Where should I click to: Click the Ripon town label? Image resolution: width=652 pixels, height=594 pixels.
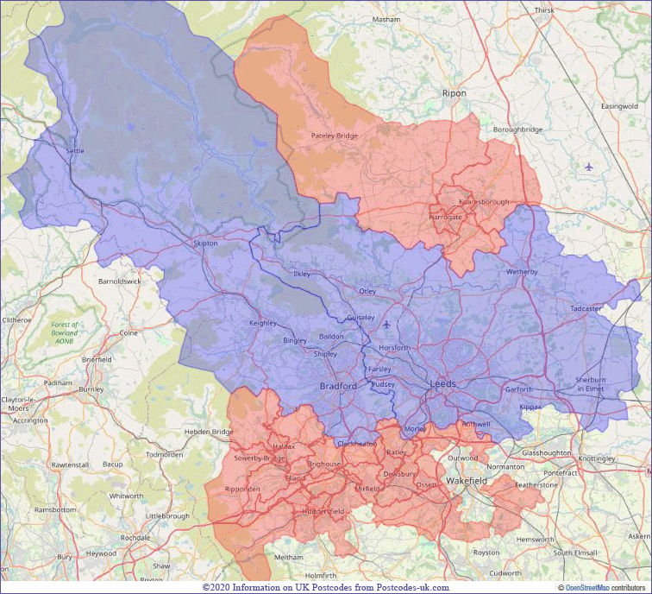(x=454, y=93)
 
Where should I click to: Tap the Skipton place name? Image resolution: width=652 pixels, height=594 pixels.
(x=206, y=243)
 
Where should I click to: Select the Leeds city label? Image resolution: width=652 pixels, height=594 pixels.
(x=443, y=383)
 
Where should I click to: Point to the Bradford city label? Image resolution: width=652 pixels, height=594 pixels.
(x=338, y=386)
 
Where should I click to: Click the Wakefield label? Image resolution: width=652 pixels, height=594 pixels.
(x=467, y=480)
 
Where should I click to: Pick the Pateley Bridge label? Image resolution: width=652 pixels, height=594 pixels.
(x=334, y=136)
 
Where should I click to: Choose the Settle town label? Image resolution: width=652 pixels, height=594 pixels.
(x=75, y=151)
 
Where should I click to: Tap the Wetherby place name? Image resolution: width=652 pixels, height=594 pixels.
(x=522, y=271)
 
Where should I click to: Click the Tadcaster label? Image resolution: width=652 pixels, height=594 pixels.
(x=586, y=308)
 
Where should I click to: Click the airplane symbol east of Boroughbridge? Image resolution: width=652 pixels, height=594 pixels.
(x=589, y=167)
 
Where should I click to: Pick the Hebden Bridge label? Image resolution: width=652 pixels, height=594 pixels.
(x=209, y=432)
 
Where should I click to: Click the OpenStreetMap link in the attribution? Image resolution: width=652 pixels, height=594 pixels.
(x=589, y=587)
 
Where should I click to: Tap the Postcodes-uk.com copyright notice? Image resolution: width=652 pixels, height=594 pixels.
(x=325, y=587)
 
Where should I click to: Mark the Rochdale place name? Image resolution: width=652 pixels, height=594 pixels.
(x=135, y=537)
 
